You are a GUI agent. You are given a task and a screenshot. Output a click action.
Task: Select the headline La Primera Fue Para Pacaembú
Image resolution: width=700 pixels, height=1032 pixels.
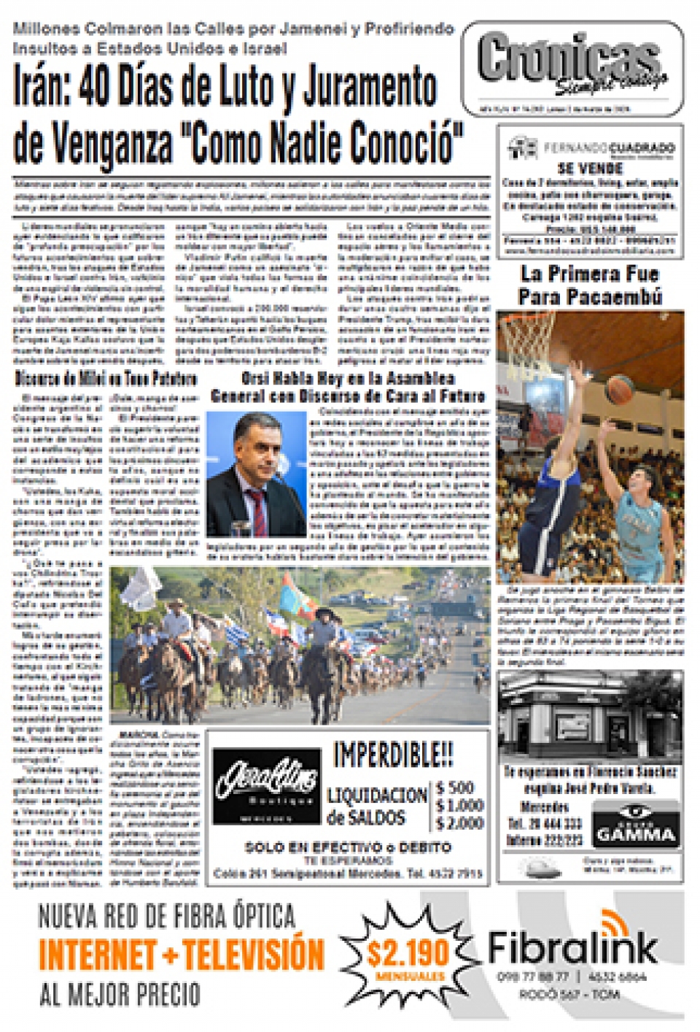(590, 285)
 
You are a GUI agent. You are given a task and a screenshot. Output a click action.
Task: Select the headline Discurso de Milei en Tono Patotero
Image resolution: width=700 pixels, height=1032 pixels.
(106, 378)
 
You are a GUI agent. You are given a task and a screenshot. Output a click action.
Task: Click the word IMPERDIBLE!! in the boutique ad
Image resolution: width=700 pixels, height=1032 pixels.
(393, 754)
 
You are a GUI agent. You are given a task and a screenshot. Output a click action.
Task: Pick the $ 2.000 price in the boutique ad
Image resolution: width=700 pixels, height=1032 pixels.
(459, 823)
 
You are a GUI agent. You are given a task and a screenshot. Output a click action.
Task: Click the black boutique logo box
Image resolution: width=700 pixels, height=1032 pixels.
(266, 786)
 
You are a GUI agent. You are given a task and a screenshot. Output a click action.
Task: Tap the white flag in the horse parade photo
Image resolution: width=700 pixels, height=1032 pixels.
(142, 587)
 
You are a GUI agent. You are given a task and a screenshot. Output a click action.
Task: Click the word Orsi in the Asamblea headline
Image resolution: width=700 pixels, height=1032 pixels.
(256, 378)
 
